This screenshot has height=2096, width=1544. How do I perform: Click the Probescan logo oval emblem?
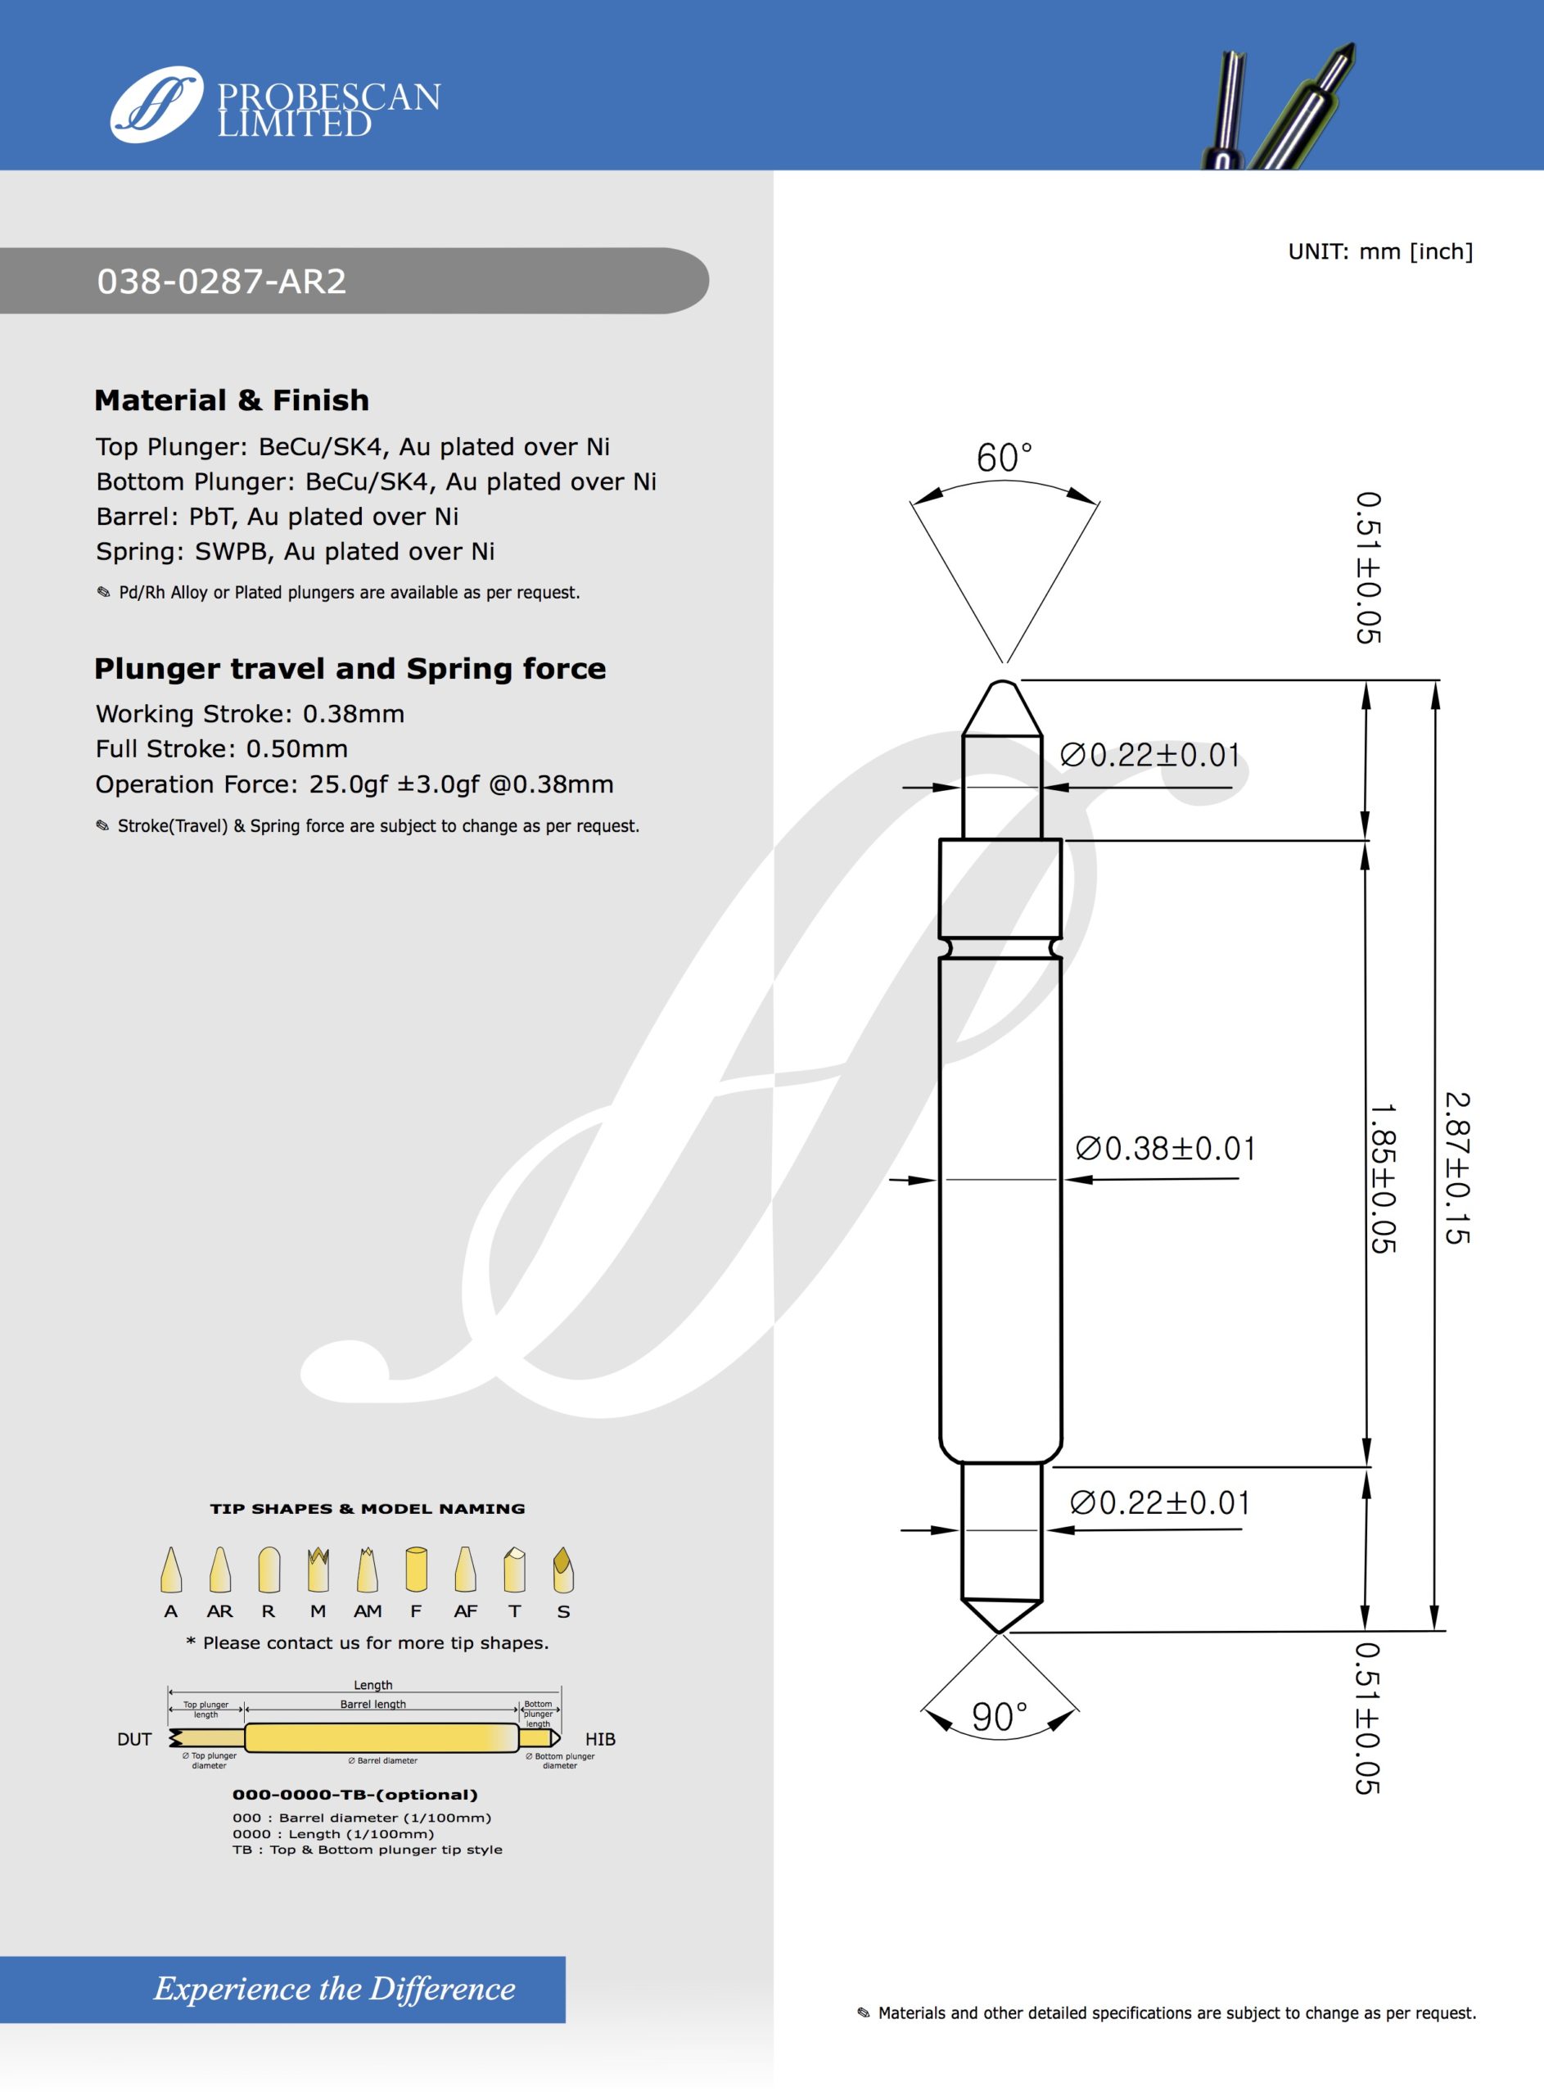click(156, 104)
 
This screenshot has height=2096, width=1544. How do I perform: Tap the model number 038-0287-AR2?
click(222, 282)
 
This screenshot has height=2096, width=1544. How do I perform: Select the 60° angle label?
click(1004, 458)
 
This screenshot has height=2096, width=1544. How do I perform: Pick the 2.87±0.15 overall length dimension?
click(1457, 1168)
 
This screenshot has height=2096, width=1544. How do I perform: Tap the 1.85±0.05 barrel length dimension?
click(1382, 1178)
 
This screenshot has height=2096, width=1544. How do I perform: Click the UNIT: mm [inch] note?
click(1379, 251)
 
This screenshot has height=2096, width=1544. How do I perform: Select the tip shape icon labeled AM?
click(368, 1570)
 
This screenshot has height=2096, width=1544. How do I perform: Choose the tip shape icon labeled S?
click(562, 1570)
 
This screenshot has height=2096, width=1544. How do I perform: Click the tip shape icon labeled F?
click(416, 1570)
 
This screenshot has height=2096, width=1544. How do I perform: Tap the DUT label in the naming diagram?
click(133, 1739)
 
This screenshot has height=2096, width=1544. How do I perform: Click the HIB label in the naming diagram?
click(600, 1739)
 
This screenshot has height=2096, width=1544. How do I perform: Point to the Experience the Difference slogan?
click(334, 1989)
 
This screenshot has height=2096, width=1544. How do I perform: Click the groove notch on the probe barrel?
click(1000, 948)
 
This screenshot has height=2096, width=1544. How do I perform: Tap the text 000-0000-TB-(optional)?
click(354, 1794)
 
